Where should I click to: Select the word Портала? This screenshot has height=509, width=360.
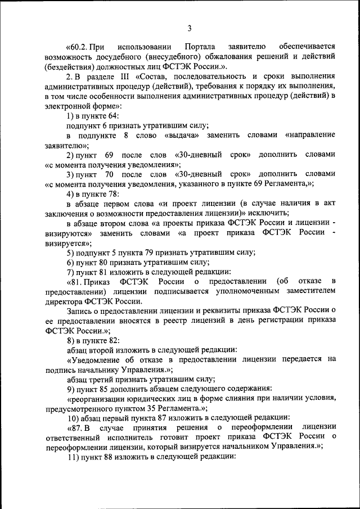click(200, 46)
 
